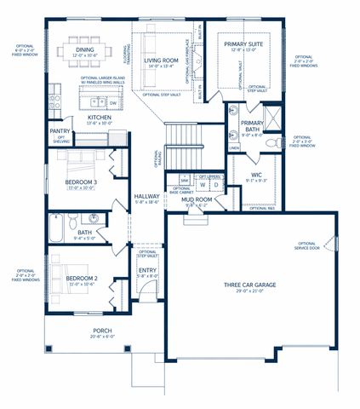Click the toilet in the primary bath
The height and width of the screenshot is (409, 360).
(x=273, y=143)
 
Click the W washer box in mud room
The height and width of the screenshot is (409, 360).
(x=203, y=184)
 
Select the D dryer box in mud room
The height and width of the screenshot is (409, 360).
(x=216, y=184)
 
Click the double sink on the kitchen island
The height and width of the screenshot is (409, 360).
(x=95, y=101)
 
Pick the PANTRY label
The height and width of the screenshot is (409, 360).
(x=60, y=131)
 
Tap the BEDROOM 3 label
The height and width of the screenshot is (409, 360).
(x=81, y=181)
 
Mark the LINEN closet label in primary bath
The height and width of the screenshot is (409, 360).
(x=234, y=147)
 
